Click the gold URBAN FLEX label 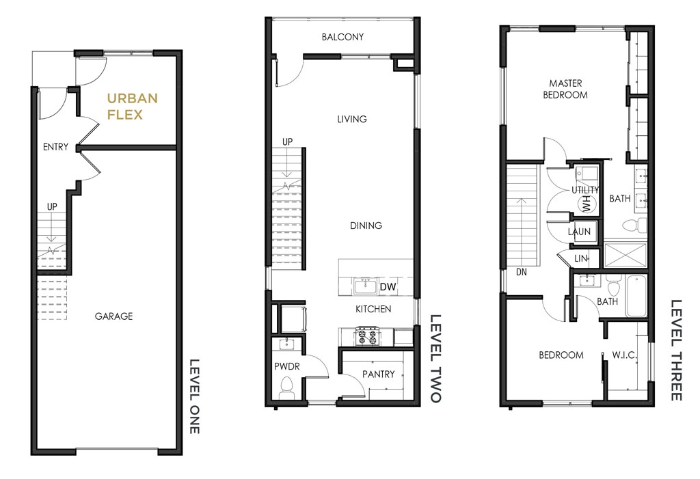tap(132, 106)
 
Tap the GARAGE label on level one tap(114, 316)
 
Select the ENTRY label tap(56, 146)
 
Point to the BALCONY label tap(343, 37)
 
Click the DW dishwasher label tap(388, 286)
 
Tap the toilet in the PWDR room tap(286, 387)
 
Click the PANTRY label tap(379, 374)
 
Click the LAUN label tap(579, 232)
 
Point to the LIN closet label tap(581, 258)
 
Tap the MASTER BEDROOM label tap(565, 89)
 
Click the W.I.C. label tap(624, 355)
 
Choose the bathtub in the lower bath tap(636, 295)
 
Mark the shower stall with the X tap(625, 255)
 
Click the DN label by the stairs tap(522, 271)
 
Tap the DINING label tap(366, 225)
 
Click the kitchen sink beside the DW tap(366, 286)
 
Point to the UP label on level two tap(288, 141)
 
